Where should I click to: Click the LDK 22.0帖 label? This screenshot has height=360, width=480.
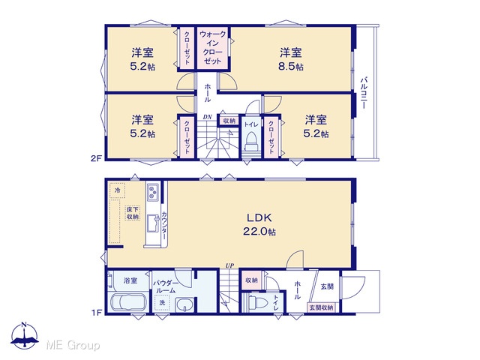click(259, 224)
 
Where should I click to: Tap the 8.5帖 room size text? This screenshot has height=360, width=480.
click(290, 67)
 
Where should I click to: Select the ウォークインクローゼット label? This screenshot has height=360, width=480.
click(213, 47)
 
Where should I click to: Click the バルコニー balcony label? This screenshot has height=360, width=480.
click(364, 93)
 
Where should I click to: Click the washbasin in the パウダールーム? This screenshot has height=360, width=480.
click(184, 305)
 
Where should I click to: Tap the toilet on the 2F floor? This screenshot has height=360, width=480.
click(250, 142)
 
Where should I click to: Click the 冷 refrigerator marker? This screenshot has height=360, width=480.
click(117, 190)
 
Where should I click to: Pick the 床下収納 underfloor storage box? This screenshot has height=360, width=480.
click(133, 213)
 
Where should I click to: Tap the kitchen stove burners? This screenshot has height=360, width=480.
click(152, 192)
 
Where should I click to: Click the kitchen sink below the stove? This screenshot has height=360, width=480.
click(152, 223)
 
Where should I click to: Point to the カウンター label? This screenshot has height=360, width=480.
click(164, 226)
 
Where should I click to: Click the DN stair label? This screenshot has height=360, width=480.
click(207, 117)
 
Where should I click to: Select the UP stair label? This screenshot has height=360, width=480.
click(229, 266)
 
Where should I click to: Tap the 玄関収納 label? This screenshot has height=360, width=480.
click(321, 307)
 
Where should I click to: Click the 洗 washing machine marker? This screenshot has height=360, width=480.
click(162, 302)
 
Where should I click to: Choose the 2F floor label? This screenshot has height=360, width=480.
click(97, 158)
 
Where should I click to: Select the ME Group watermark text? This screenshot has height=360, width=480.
click(73, 346)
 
